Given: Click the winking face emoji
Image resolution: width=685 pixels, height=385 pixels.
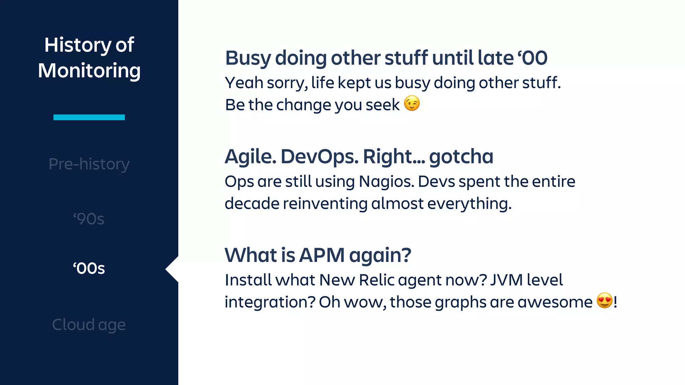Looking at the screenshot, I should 412,103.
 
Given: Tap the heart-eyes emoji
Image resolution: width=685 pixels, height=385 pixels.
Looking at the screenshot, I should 604,300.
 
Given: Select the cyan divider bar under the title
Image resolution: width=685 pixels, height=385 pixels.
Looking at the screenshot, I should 89,117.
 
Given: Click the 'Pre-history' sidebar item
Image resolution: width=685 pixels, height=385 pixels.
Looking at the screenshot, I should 89,164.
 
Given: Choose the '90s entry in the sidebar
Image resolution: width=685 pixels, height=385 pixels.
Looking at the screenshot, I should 89,219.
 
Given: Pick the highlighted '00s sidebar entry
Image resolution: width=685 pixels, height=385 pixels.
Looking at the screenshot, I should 89,268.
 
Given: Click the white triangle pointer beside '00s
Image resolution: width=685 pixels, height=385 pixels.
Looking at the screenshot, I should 172,269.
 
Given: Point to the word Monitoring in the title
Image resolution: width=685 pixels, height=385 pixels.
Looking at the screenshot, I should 89,71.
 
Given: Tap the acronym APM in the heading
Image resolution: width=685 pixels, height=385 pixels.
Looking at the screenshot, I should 322,255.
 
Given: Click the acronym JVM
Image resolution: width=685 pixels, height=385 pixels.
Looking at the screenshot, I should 506,280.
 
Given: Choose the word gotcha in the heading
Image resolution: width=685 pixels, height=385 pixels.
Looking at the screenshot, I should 461,156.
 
